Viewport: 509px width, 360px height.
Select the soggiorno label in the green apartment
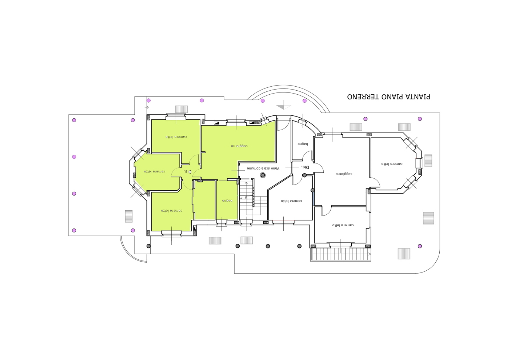coord(239,146)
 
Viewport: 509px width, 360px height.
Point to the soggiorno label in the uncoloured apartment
coord(344,174)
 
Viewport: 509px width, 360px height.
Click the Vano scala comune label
coord(263,169)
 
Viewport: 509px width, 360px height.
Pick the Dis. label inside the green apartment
coord(187,171)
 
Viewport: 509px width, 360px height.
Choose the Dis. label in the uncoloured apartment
coord(305,167)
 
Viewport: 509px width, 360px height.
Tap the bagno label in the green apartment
coord(227,201)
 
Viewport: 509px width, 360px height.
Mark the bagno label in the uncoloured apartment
coord(303,144)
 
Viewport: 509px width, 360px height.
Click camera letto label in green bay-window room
coord(155,171)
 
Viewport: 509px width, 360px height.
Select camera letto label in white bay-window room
coord(392,164)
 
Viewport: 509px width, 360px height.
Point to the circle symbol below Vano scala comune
coord(263,175)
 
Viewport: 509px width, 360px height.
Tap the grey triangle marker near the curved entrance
coord(283,105)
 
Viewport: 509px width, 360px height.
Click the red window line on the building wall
coord(283,220)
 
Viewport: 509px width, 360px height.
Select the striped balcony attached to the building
coord(341,255)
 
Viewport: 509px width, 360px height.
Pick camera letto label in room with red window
coord(291,201)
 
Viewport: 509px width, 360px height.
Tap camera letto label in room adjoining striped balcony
coord(343,225)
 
